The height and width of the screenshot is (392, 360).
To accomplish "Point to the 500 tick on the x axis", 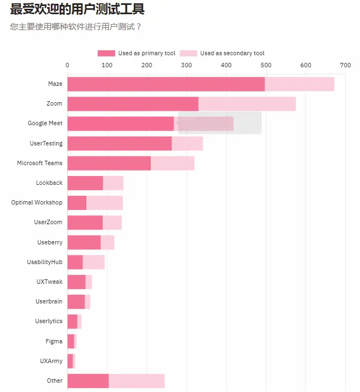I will click(266, 65).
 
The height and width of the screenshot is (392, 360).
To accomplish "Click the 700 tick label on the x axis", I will click(345, 65).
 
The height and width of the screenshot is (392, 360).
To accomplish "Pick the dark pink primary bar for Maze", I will click(166, 84).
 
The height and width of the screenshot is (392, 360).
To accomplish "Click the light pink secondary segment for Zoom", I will click(247, 104).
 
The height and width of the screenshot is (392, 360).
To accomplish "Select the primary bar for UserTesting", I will click(119, 143).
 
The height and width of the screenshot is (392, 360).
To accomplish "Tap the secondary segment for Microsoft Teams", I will click(172, 163).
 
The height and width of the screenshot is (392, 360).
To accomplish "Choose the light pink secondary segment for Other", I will click(137, 381).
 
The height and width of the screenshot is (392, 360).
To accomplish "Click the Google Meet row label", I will click(45, 124).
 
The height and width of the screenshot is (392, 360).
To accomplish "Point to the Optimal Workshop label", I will click(37, 202).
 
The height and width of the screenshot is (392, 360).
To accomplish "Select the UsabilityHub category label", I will click(45, 262).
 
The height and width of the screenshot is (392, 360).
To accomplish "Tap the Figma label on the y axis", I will click(54, 341).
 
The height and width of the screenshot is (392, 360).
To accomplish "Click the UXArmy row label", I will click(51, 361).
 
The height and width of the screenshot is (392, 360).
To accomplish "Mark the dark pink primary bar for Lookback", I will click(85, 183).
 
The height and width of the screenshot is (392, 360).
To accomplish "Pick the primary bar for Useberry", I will click(84, 242).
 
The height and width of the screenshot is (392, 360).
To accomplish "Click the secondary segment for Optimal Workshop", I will click(104, 203).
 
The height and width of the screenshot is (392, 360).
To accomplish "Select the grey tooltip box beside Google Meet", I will click(220, 123).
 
